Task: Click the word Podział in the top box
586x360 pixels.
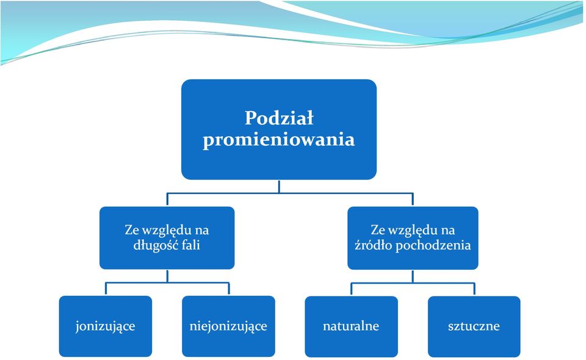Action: (x=279, y=118)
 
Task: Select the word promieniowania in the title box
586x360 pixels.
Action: (x=279, y=140)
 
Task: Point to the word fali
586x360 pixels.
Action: (x=192, y=245)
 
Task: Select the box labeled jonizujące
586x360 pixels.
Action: (x=106, y=326)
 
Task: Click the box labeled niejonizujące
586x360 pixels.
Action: (x=228, y=326)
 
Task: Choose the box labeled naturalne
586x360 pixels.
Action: (x=352, y=326)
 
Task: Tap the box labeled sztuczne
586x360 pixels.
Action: (x=474, y=326)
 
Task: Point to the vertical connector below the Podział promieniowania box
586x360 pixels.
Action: (x=279, y=186)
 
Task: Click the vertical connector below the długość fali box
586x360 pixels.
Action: (x=167, y=276)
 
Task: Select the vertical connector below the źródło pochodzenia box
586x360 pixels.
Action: (x=413, y=276)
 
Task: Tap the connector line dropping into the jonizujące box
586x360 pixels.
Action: (x=106, y=289)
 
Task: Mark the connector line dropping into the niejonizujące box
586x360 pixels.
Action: (x=229, y=289)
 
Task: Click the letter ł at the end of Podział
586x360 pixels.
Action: (x=309, y=118)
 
